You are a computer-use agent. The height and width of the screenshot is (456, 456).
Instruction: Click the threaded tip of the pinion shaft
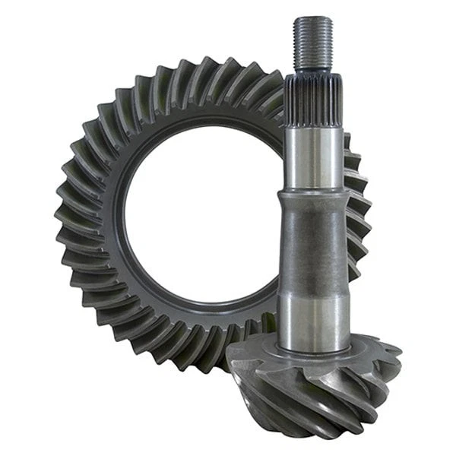pyautogui.click(x=313, y=42)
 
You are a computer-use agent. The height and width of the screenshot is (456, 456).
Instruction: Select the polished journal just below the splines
pyautogui.click(x=313, y=160)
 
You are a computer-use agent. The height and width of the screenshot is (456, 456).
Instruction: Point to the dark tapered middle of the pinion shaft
pyautogui.click(x=313, y=243)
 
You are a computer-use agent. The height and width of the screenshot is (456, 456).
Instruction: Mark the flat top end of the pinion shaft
pyautogui.click(x=313, y=17)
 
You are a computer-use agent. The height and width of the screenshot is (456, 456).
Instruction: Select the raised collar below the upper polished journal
pyautogui.click(x=313, y=196)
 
